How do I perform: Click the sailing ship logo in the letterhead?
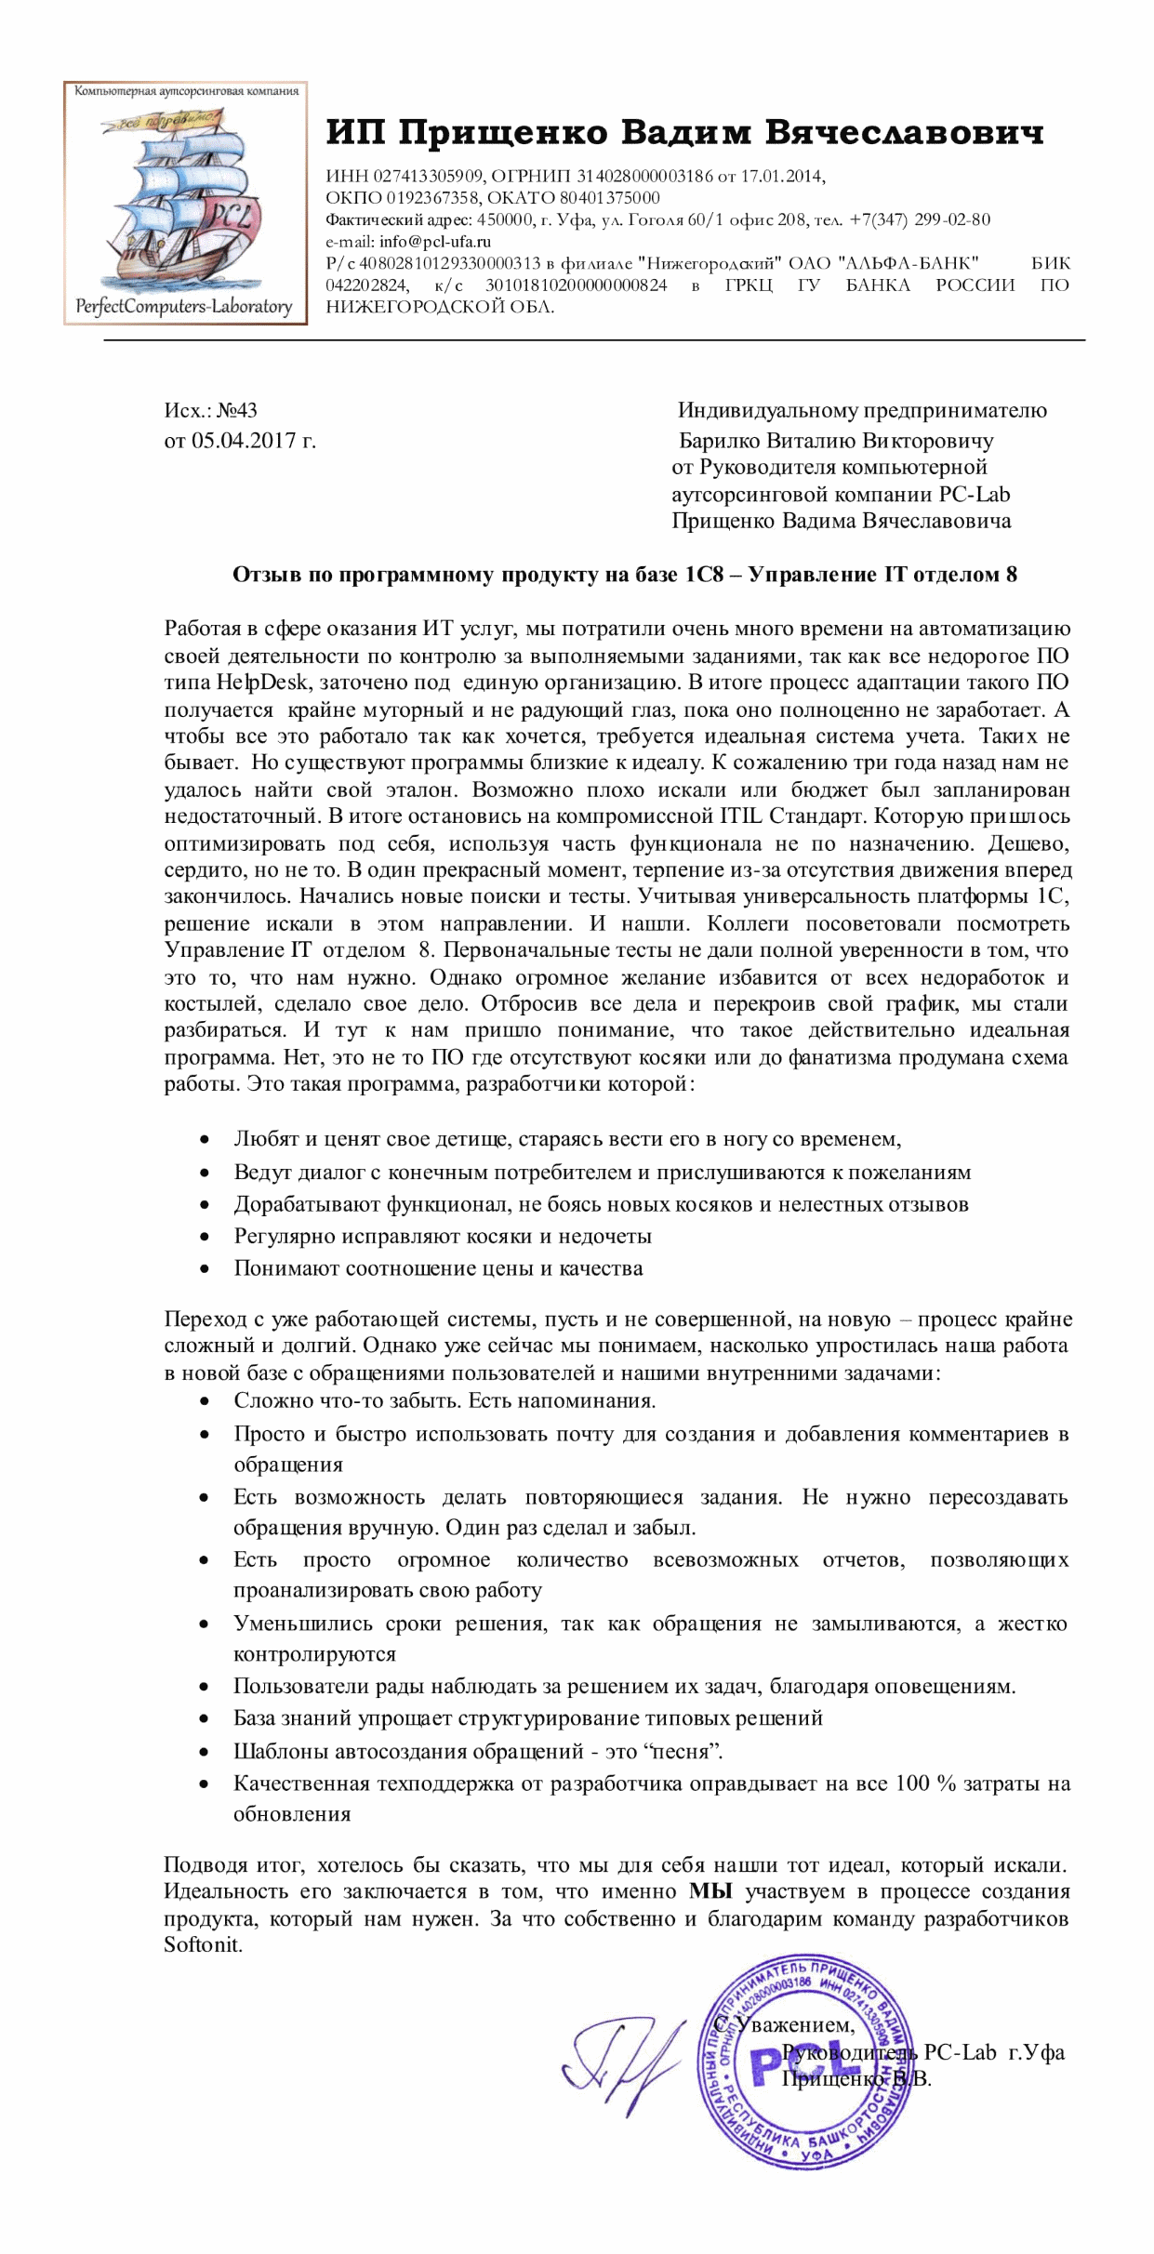pyautogui.click(x=184, y=202)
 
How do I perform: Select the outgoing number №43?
pyautogui.click(x=236, y=410)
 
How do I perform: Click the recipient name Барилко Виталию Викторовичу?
pyautogui.click(x=835, y=440)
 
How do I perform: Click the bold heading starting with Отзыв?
pyautogui.click(x=624, y=575)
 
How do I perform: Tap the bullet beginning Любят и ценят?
pyautogui.click(x=567, y=1139)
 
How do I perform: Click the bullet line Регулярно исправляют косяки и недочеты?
pyautogui.click(x=442, y=1237)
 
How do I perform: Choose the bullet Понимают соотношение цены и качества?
pyautogui.click(x=438, y=1268)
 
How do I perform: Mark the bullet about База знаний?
pyautogui.click(x=527, y=1718)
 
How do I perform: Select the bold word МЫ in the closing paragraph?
pyautogui.click(x=711, y=1892)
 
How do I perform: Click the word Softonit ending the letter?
pyautogui.click(x=203, y=1945)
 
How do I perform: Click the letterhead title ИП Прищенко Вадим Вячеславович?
pyautogui.click(x=684, y=133)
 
